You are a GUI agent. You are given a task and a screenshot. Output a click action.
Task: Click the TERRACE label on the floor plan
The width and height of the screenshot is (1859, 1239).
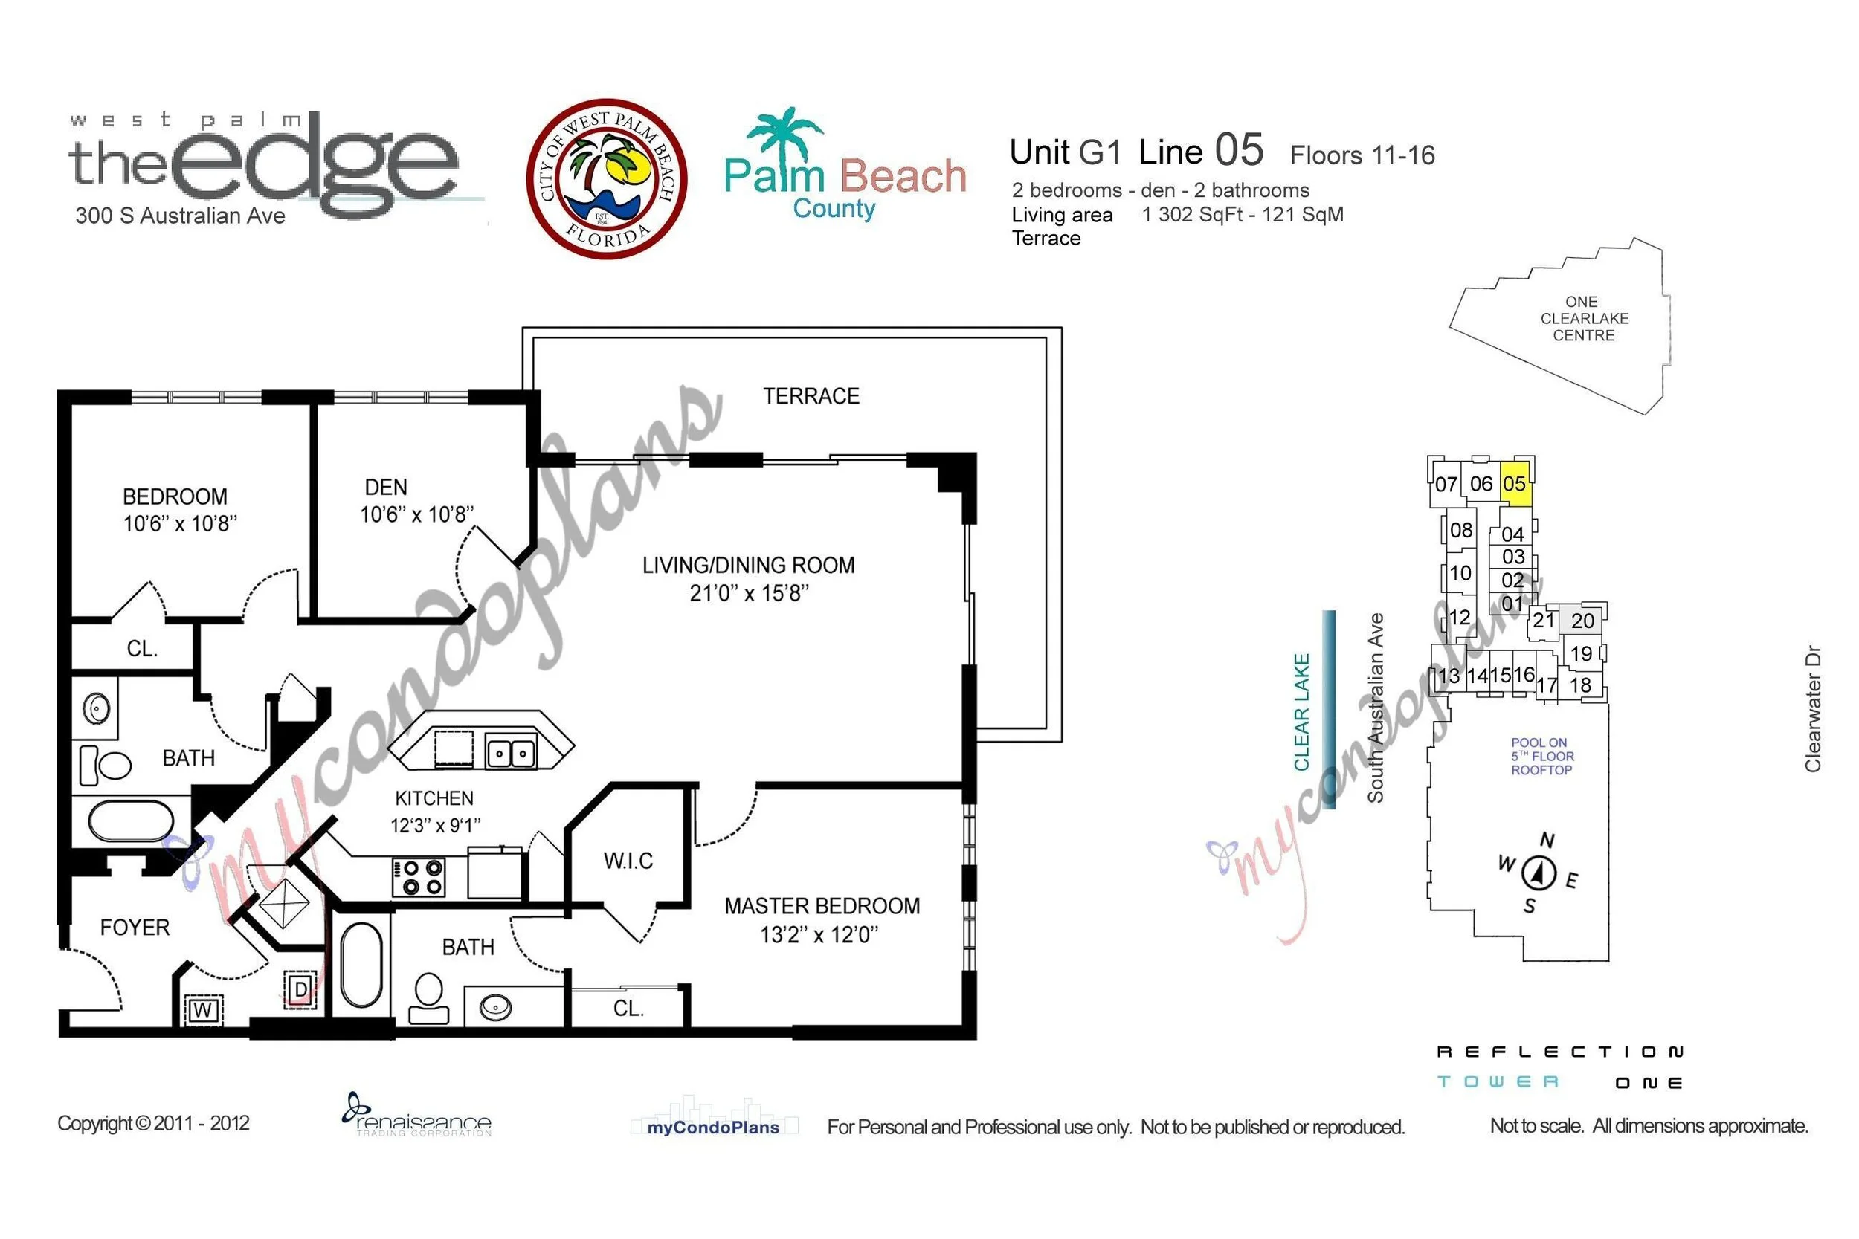(x=811, y=396)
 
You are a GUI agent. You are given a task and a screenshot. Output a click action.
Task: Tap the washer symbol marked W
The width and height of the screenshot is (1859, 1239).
(x=203, y=1009)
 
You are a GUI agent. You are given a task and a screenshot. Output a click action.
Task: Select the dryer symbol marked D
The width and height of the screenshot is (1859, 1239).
(x=300, y=989)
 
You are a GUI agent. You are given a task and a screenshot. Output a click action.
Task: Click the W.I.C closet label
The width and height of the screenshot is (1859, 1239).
(x=628, y=861)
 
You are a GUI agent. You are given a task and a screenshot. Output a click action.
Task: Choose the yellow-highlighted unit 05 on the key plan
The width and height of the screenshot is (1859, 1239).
(x=1515, y=484)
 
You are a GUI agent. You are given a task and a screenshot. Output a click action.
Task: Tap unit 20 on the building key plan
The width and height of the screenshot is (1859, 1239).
(x=1582, y=621)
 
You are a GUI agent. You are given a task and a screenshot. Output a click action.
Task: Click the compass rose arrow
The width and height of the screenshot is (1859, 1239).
(x=1538, y=873)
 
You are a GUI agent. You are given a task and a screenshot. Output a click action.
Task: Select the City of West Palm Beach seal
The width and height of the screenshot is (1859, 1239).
(x=606, y=178)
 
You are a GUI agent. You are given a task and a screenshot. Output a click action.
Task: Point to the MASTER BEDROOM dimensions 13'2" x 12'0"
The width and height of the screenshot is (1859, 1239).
(x=819, y=935)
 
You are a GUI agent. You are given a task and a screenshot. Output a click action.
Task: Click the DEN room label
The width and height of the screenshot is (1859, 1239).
(x=386, y=488)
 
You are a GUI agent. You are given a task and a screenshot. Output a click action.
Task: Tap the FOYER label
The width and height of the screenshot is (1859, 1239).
(x=135, y=928)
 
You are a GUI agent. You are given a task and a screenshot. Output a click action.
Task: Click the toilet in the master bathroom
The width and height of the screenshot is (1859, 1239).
(x=428, y=998)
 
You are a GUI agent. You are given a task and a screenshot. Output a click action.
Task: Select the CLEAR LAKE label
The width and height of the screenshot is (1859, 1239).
(x=1301, y=712)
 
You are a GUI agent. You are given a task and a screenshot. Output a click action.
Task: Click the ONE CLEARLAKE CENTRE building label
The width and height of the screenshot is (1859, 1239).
(x=1584, y=318)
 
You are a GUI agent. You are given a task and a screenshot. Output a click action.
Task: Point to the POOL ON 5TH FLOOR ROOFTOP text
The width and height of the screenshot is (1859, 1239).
(x=1542, y=756)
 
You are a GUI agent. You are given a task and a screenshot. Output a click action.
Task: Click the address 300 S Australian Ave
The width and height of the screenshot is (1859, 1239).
(x=180, y=216)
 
